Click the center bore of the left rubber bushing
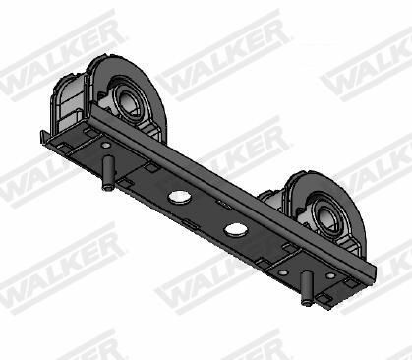(129, 101)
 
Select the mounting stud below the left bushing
(108, 173)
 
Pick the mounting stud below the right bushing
(307, 288)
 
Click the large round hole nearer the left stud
(180, 196)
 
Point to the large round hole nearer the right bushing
(236, 229)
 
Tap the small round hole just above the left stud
(105, 146)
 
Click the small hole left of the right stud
(283, 272)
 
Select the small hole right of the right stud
(330, 275)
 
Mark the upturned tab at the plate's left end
(44, 137)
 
